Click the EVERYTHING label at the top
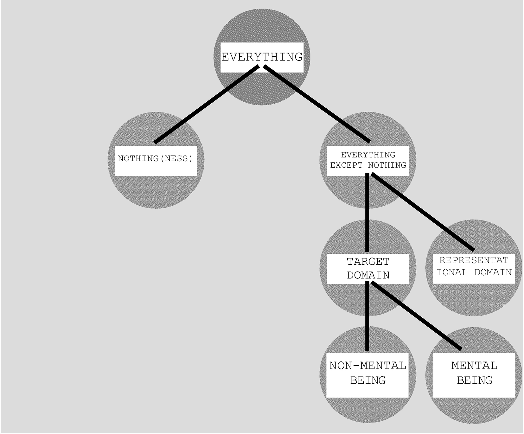262,57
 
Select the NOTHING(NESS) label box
156,161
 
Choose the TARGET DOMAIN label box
368,269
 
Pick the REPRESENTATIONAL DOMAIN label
474,266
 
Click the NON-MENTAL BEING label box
367,375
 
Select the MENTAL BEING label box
474,375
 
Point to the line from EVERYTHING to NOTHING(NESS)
207,104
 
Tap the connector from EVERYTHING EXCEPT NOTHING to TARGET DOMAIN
367,212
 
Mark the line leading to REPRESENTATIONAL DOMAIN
423,212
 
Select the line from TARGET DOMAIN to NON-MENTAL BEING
367,316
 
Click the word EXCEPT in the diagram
346,165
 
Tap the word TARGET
368,262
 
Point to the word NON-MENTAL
368,366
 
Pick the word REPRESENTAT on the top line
474,260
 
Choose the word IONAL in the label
452,272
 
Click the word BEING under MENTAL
475,380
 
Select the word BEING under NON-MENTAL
368,380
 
